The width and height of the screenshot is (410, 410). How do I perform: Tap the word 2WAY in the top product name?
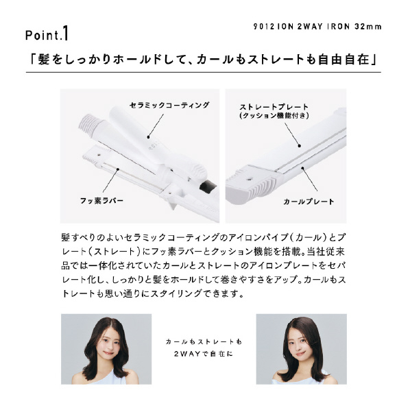click(x=310, y=27)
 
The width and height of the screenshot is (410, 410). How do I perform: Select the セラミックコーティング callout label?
click(x=169, y=105)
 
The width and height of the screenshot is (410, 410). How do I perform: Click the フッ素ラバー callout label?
click(x=101, y=201)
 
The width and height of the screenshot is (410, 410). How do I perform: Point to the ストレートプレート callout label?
click(x=274, y=107)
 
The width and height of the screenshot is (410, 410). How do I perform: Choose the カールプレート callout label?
click(x=309, y=202)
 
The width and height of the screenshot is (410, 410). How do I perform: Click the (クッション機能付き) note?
click(x=274, y=115)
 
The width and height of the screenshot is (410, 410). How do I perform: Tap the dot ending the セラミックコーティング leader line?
click(x=148, y=136)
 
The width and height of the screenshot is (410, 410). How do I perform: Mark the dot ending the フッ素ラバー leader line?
click(x=118, y=169)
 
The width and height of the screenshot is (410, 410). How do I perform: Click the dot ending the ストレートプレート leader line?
click(x=300, y=146)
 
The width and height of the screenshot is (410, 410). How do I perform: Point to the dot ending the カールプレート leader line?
click(x=302, y=168)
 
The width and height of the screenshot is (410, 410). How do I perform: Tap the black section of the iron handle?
click(x=208, y=186)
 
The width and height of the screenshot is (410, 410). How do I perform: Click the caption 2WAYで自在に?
click(x=203, y=354)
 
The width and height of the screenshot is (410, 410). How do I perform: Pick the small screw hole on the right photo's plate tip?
click(x=249, y=180)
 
